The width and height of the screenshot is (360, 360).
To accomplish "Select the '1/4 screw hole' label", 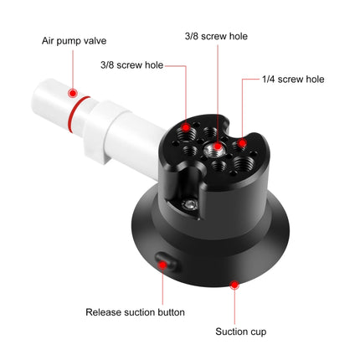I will [x=292, y=80].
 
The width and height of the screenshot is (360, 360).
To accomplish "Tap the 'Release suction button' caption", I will [x=135, y=312].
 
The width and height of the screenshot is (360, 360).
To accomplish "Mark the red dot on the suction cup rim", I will [x=234, y=285].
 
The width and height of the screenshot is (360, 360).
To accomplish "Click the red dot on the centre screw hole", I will [x=217, y=148].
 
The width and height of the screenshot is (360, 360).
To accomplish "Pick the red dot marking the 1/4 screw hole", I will [x=242, y=142].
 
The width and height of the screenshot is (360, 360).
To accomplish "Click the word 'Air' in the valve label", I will [x=49, y=39].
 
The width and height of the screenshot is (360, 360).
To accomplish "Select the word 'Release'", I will [x=103, y=312].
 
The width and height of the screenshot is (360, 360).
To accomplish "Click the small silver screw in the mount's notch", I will [x=192, y=203].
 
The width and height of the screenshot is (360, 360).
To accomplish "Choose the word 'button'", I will [x=169, y=312].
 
